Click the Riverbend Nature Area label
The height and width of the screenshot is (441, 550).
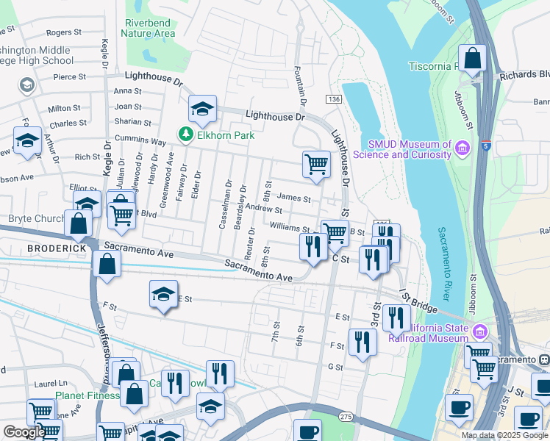(150, 28)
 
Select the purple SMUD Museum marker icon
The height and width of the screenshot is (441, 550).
(463, 149)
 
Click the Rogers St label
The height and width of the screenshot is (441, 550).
(64, 32)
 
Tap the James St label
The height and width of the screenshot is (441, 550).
(295, 198)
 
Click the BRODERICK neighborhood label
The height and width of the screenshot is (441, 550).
(58, 248)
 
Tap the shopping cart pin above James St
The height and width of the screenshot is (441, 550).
(316, 163)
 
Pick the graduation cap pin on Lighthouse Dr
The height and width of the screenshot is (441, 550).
(202, 109)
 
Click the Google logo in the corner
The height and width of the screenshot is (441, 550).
(24, 432)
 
